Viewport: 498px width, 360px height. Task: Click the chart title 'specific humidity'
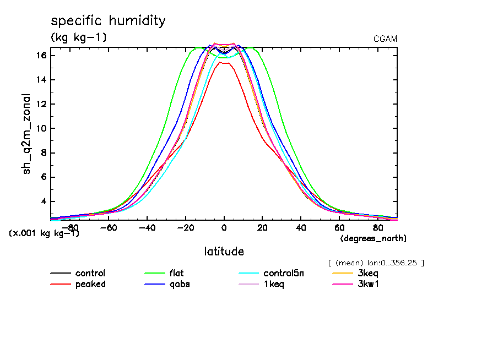coord(108,21)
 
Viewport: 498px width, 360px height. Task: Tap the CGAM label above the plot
coord(385,39)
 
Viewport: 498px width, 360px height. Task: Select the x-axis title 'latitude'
coord(224,252)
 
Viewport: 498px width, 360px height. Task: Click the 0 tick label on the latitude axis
coord(224,227)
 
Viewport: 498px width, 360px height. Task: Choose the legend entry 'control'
coord(90,274)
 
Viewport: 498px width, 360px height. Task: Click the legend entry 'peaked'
coord(90,284)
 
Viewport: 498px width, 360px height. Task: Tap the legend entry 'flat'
coord(177,274)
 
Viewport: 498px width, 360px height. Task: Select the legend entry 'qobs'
coord(178,284)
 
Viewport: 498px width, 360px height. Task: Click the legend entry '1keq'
coord(273,284)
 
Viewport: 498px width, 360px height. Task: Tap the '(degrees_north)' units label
coord(373,238)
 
